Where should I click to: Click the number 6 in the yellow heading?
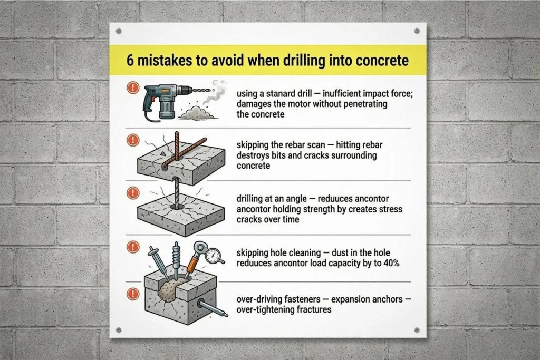[130, 61]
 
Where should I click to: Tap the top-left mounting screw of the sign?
[119, 31]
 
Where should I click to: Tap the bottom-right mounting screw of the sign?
[417, 330]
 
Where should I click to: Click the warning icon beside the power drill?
[133, 87]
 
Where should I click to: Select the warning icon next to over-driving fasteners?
[133, 294]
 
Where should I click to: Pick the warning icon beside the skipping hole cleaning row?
[133, 247]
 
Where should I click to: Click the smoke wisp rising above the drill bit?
[215, 92]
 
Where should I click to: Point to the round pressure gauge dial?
[213, 256]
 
